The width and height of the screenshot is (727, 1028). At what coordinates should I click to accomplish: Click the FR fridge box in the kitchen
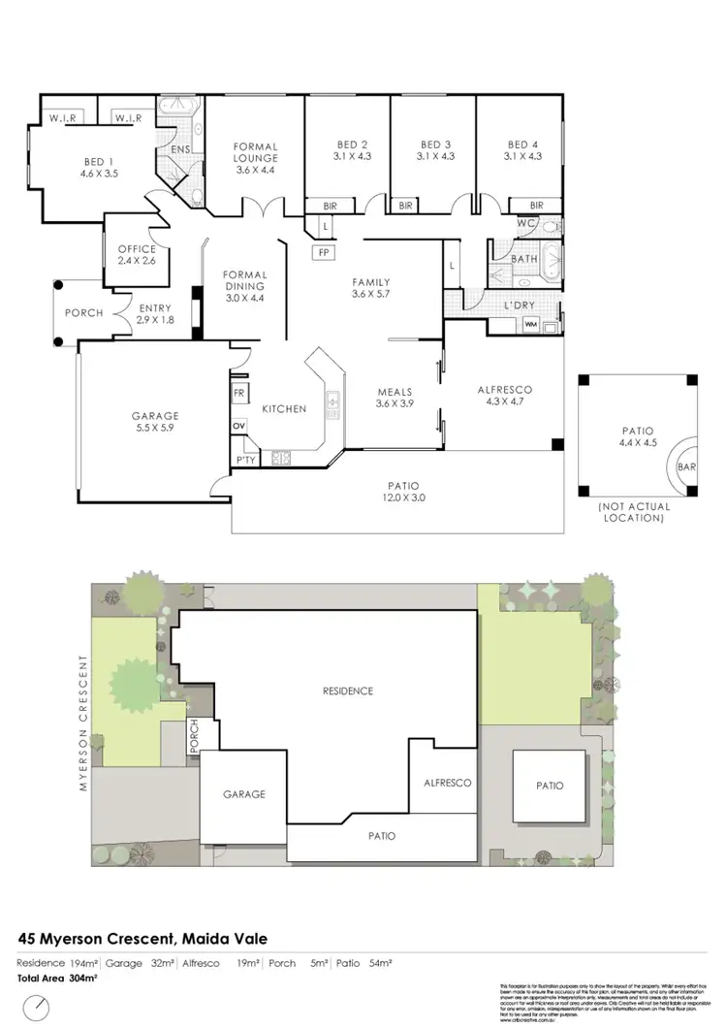click(x=239, y=394)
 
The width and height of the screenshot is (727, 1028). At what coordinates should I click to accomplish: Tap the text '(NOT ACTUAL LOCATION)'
click(x=630, y=513)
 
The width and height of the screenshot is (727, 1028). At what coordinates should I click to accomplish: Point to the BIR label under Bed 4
click(x=536, y=206)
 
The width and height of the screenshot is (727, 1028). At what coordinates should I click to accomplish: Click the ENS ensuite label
click(x=180, y=149)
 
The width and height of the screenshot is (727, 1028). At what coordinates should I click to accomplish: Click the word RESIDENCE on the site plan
click(x=347, y=691)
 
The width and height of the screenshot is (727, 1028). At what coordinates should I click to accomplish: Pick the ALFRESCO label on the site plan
click(x=447, y=782)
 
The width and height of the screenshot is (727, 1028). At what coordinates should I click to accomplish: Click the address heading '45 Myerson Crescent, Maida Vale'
click(x=142, y=939)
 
